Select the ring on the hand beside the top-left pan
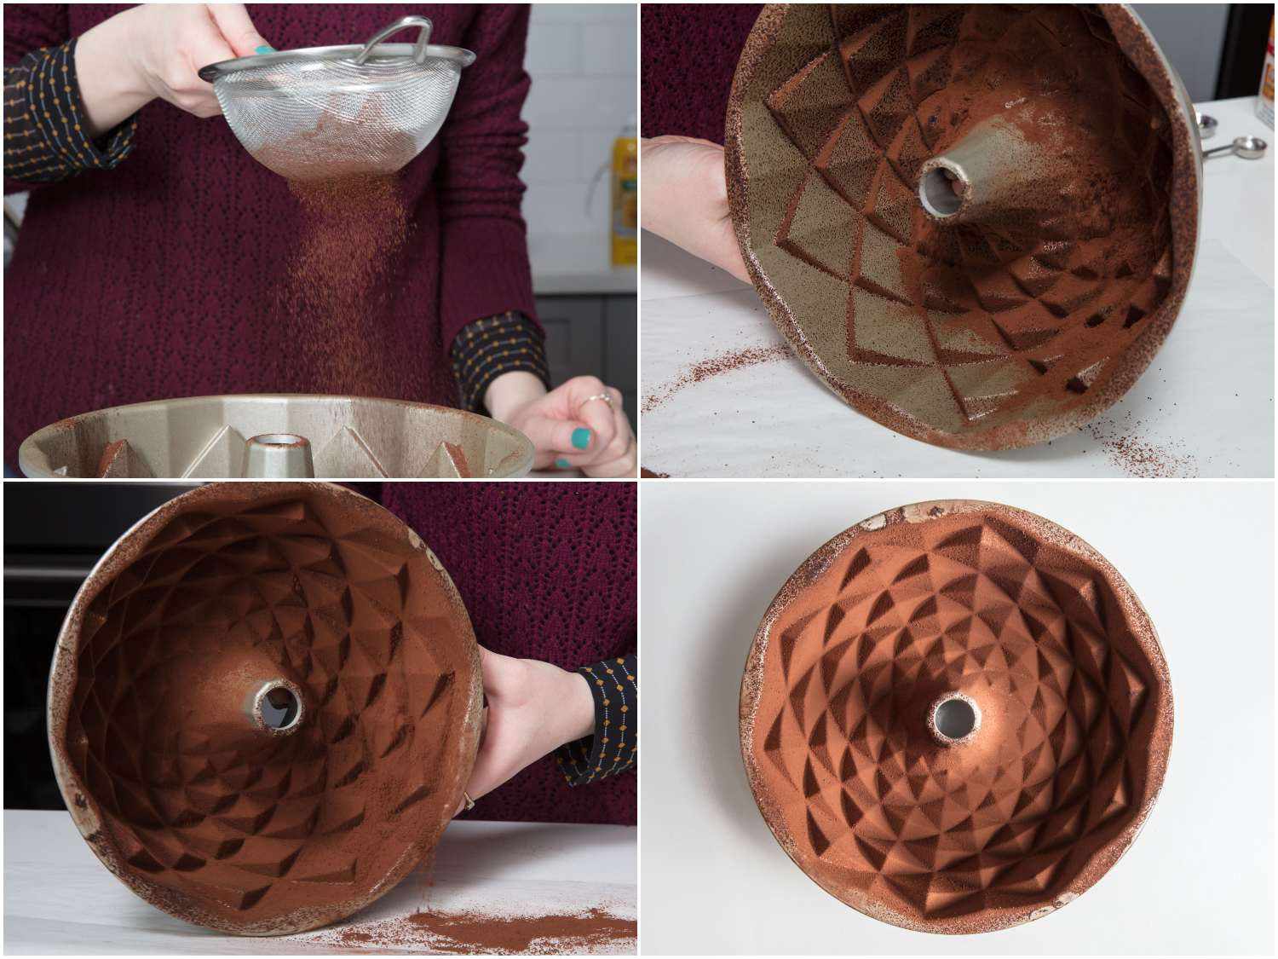pos(603,397)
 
